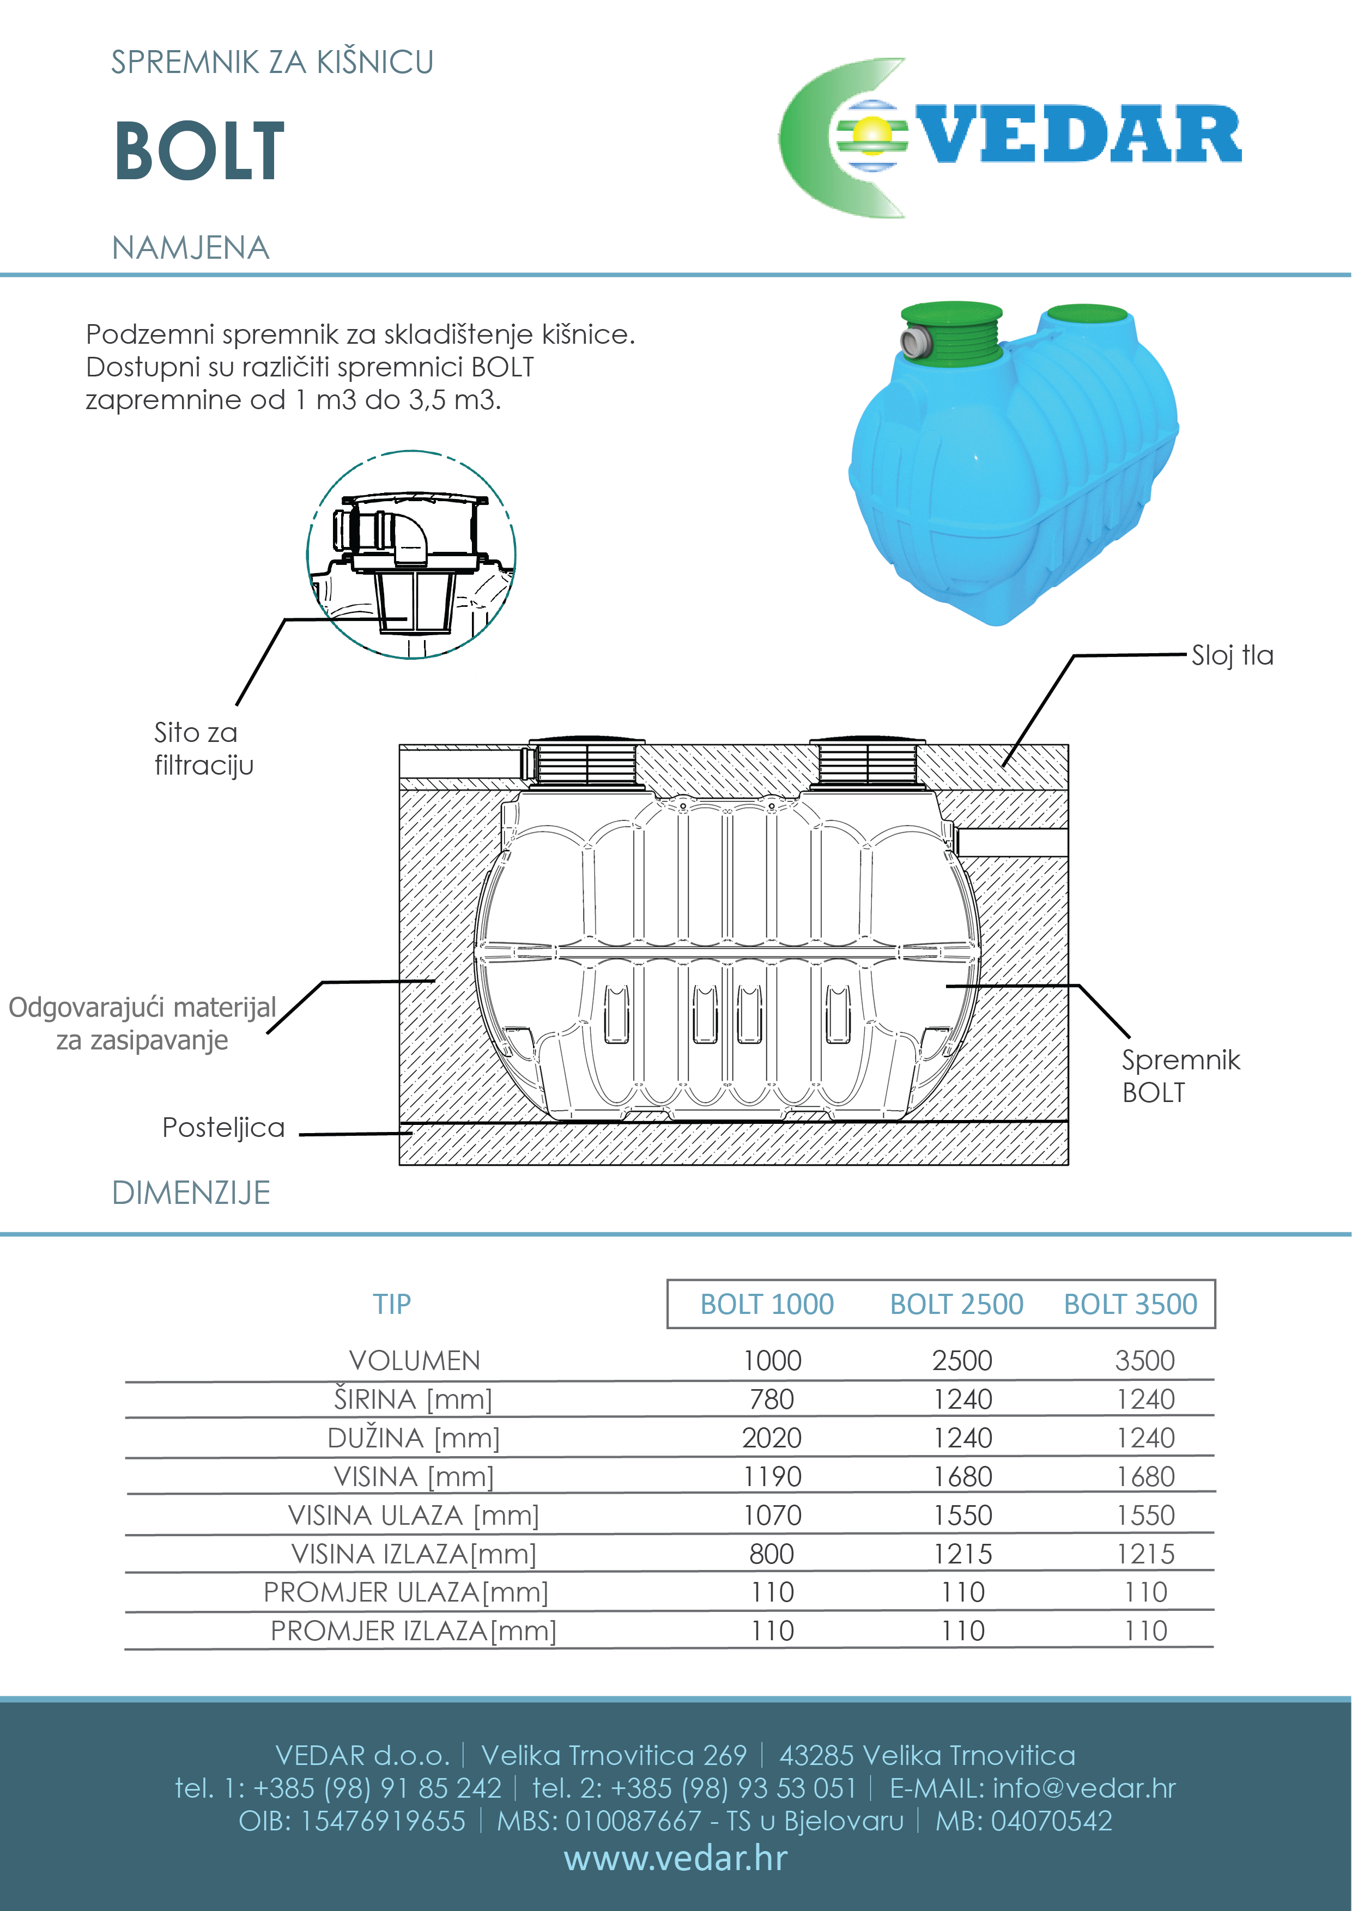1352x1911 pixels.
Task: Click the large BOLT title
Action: pyautogui.click(x=200, y=151)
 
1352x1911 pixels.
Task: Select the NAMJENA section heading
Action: pyautogui.click(x=191, y=248)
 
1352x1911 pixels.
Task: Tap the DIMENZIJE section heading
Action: pyautogui.click(x=191, y=1192)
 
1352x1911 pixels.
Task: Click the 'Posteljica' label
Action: pyautogui.click(x=223, y=1128)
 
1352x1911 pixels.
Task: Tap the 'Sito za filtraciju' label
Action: pyautogui.click(x=203, y=748)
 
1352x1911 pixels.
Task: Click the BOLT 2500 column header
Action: pyautogui.click(x=956, y=1304)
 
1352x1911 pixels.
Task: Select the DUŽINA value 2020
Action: pyautogui.click(x=772, y=1438)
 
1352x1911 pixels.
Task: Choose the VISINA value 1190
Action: pyautogui.click(x=772, y=1476)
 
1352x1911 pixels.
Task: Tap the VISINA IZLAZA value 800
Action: pyautogui.click(x=772, y=1554)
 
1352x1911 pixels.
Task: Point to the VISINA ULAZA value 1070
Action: pyautogui.click(x=772, y=1516)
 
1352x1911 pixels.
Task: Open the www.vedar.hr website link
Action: pyautogui.click(x=675, y=1859)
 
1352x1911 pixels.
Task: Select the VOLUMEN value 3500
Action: pyautogui.click(x=1145, y=1361)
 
